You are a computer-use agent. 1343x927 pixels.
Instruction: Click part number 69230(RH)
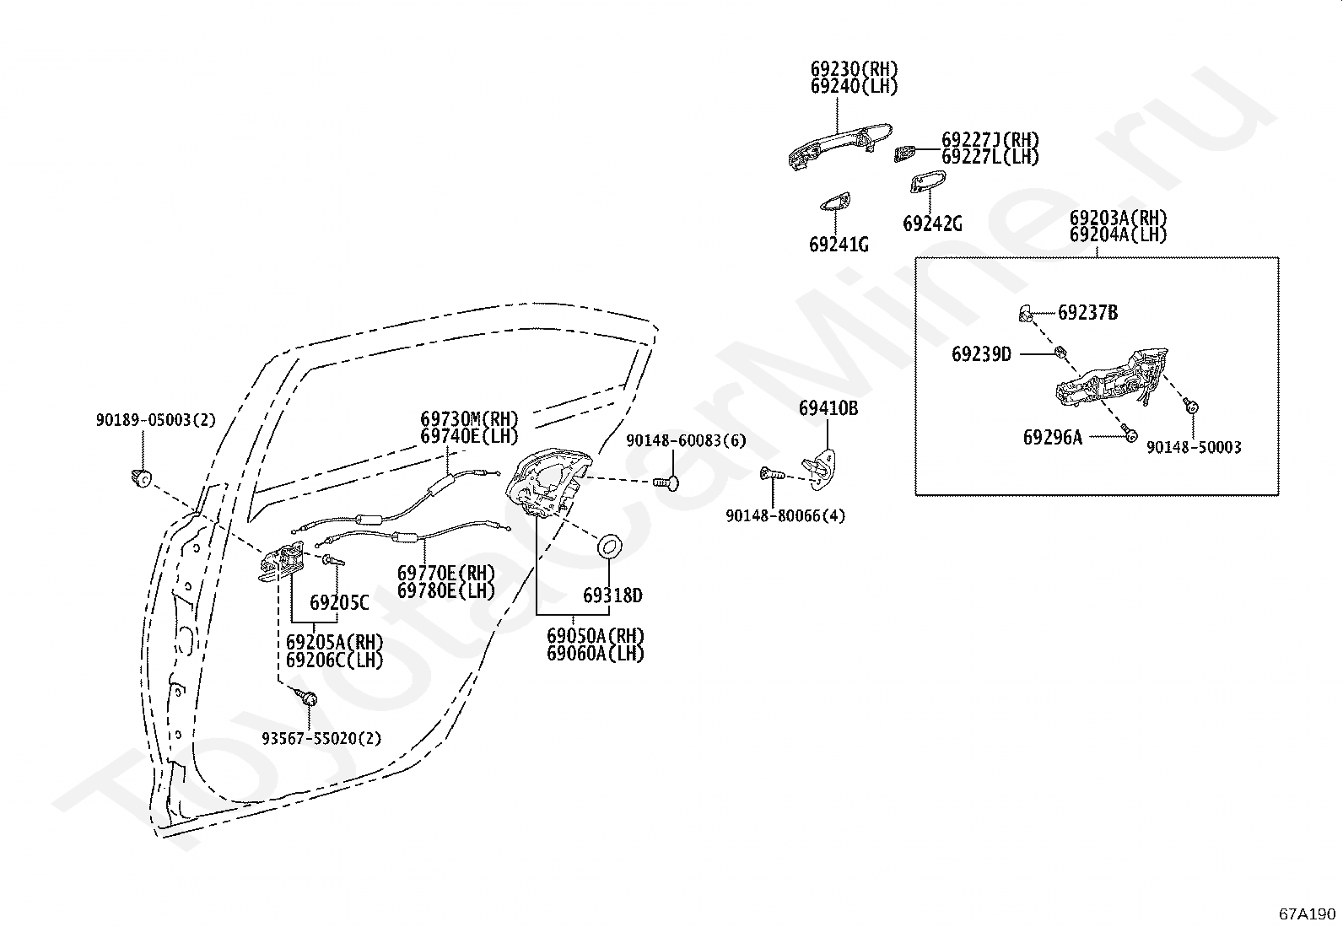tap(854, 69)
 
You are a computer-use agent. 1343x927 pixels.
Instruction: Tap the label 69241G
tap(838, 245)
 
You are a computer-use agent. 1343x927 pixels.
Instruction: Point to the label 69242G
tap(931, 224)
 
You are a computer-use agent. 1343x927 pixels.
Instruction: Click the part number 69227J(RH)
tap(990, 140)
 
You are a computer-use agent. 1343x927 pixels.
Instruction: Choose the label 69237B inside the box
tap(1087, 313)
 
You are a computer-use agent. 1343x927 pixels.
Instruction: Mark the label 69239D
tap(981, 354)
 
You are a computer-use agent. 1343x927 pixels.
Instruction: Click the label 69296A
tap(1052, 437)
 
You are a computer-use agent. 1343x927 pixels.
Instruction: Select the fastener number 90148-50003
tap(1193, 447)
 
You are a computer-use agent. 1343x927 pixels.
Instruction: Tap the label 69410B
tap(828, 409)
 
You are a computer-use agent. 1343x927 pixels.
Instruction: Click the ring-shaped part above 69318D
tap(609, 547)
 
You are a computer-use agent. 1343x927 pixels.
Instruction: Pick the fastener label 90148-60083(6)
tap(686, 440)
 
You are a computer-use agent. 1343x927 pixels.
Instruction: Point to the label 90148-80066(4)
tap(785, 515)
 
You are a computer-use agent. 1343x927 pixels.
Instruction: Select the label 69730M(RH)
tap(469, 418)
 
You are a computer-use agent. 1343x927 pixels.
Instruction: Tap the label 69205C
tap(338, 602)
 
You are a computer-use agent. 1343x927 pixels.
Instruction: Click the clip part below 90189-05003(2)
tap(141, 478)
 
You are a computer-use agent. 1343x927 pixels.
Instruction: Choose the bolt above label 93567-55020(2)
tap(306, 698)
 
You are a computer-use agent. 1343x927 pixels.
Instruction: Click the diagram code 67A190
tap(1307, 914)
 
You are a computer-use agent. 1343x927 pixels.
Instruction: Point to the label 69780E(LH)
tap(445, 590)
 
